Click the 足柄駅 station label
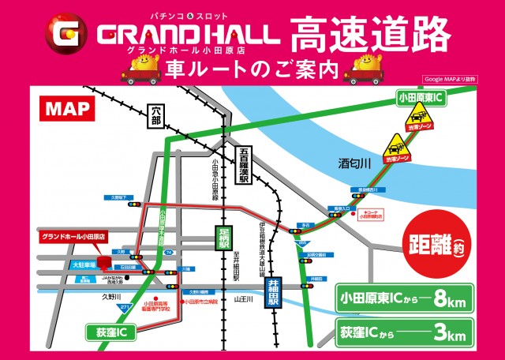click(224, 238)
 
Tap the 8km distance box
click(405, 298)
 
